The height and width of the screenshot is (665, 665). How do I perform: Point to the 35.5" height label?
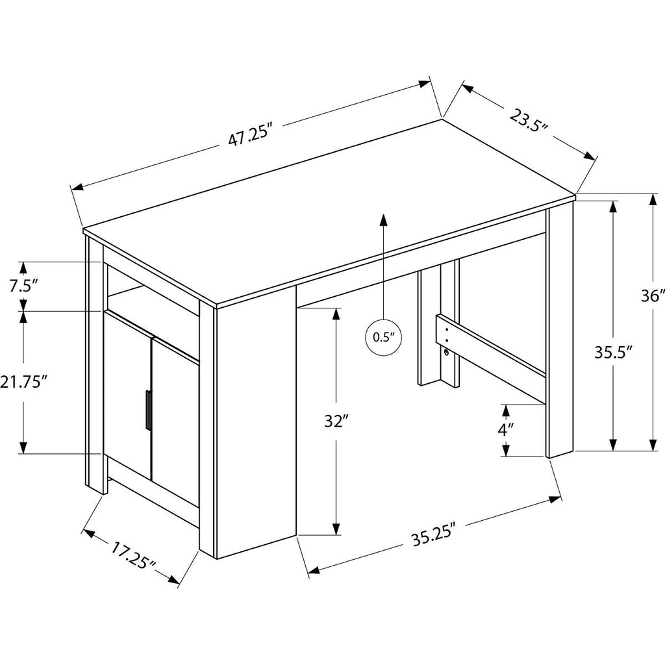[613, 354]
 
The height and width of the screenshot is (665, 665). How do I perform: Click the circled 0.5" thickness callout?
[383, 337]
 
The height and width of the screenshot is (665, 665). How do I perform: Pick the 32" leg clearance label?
[336, 421]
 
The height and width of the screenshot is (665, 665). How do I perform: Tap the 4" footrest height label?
[506, 429]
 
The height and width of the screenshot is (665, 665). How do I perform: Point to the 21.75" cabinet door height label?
[24, 383]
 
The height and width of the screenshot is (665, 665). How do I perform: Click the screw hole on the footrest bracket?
[447, 353]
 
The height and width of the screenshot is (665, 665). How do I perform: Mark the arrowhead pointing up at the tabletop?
[384, 220]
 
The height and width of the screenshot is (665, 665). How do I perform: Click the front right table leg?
[558, 331]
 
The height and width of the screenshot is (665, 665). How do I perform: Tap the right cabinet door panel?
[175, 422]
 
